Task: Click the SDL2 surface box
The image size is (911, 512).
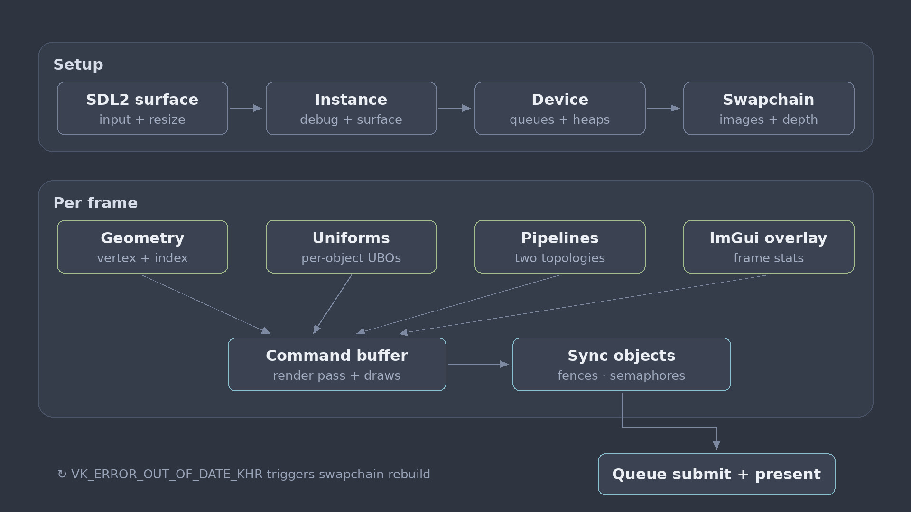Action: (x=142, y=108)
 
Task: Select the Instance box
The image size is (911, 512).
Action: (x=351, y=108)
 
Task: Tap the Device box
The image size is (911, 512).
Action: (x=560, y=108)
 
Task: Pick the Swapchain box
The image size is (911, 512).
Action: (x=769, y=108)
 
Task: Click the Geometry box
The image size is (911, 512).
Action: (x=142, y=247)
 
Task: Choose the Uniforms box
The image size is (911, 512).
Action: (x=351, y=247)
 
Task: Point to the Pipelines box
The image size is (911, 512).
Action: (x=560, y=247)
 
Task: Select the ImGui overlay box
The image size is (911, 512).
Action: (x=769, y=247)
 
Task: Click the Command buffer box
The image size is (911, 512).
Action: (x=337, y=364)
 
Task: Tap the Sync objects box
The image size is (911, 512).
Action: (x=622, y=364)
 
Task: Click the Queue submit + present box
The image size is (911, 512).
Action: (x=716, y=474)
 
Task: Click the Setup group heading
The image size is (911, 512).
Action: (x=78, y=64)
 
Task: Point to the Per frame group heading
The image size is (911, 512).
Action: (x=95, y=203)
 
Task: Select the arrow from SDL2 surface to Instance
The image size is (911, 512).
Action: (x=246, y=108)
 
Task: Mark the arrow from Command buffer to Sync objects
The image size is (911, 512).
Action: (x=478, y=364)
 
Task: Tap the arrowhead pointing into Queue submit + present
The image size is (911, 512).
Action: (x=716, y=445)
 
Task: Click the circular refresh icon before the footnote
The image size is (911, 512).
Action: (x=62, y=474)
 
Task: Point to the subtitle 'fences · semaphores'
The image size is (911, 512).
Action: (x=621, y=375)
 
